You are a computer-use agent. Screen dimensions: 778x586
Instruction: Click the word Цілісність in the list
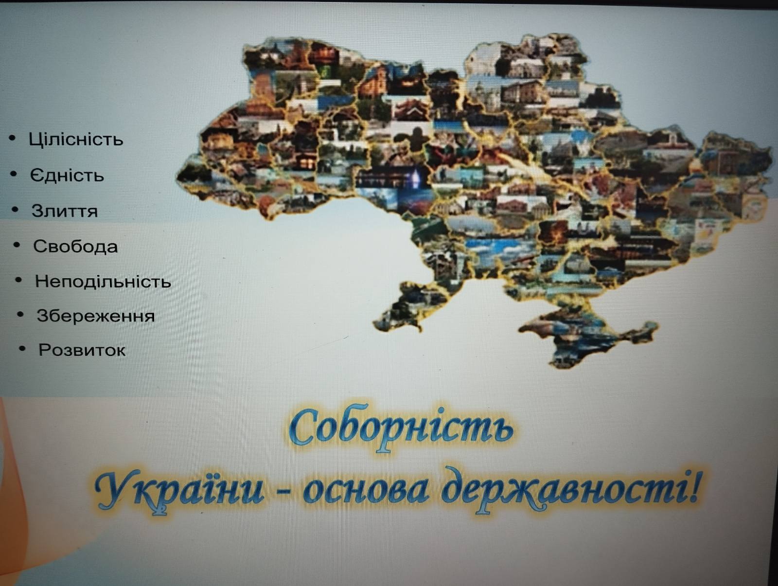click(x=76, y=139)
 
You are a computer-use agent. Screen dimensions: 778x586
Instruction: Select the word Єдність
click(x=67, y=175)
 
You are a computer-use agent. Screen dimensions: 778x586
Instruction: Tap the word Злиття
click(x=65, y=211)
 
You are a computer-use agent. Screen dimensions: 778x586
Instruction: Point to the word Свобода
click(x=75, y=246)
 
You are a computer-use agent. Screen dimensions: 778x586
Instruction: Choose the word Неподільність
click(x=103, y=282)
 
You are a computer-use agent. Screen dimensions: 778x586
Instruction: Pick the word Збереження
click(x=96, y=316)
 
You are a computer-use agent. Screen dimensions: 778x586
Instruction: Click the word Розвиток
click(x=82, y=350)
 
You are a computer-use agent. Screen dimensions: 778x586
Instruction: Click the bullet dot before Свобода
click(x=17, y=245)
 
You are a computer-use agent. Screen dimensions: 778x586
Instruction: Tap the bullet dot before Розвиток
click(x=22, y=349)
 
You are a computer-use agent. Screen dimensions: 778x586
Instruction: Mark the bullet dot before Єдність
click(x=14, y=174)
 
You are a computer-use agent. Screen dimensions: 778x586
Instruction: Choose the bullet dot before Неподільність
click(x=18, y=280)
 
